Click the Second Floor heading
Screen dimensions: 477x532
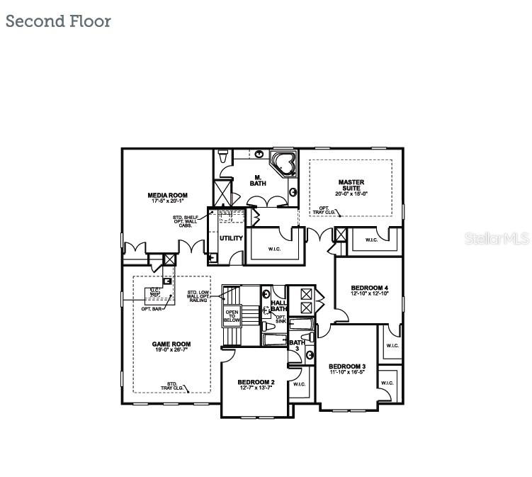pos(58,21)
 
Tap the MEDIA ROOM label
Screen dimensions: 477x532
pos(167,195)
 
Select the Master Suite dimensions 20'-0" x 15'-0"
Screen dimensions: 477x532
pos(351,193)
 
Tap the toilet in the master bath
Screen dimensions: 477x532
pos(222,156)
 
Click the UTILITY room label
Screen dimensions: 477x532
pos(231,238)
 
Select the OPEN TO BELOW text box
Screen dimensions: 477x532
pos(232,316)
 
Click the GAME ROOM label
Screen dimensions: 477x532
pos(171,344)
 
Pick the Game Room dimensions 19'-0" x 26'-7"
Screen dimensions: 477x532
pos(171,351)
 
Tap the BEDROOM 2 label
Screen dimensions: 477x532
pos(256,383)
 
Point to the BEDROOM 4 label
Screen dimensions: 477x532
pos(369,288)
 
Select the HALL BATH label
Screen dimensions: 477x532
pos(279,305)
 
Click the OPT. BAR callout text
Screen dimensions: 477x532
pos(151,309)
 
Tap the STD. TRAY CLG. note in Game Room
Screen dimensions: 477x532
pos(172,386)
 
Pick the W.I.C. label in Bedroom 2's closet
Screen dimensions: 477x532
pos(299,384)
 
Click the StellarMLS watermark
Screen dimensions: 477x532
pos(497,239)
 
